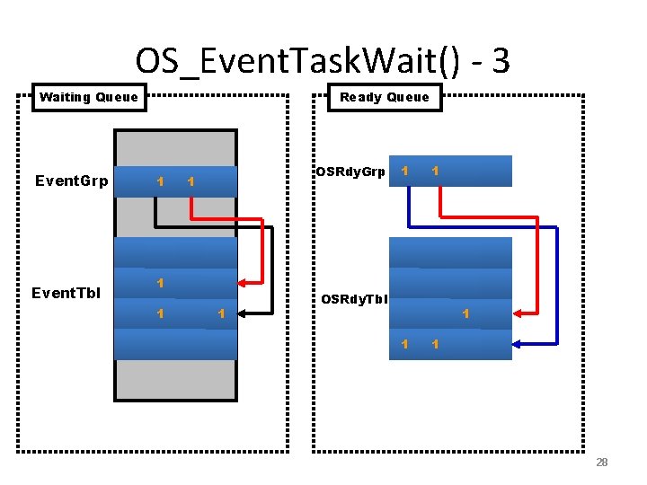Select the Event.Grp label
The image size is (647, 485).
coord(71,181)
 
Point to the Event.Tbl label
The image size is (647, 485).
coord(66,293)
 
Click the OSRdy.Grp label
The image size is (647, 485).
coord(350,172)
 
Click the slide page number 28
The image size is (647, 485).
coord(601,462)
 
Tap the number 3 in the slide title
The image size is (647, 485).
coord(501,61)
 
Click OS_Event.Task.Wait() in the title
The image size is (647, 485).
coord(297,61)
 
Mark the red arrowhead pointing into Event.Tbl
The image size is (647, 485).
coord(243,284)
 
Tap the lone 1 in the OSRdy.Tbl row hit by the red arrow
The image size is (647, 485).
coord(465,313)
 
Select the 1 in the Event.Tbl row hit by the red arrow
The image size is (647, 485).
coord(160,284)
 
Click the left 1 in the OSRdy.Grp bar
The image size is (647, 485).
coord(405,170)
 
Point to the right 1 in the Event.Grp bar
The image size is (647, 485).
coord(191,181)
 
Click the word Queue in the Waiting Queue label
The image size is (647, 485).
coord(118,97)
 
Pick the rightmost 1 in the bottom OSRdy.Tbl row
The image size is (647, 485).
coord(435,344)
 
